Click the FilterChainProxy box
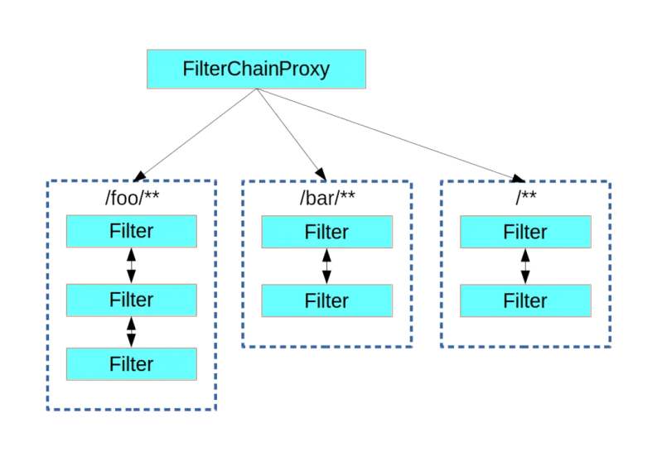(256, 69)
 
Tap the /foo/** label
(131, 199)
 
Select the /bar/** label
(326, 199)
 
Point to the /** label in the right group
(525, 199)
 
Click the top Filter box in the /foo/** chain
(131, 231)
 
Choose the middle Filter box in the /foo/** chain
(131, 300)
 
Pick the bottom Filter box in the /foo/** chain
(131, 364)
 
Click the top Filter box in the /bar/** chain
(326, 233)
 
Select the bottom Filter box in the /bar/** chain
(326, 300)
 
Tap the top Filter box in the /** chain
(525, 233)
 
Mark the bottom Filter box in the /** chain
(525, 300)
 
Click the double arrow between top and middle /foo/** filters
(131, 266)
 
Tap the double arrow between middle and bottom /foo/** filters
(131, 332)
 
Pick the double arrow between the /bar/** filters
(326, 267)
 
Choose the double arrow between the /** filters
(524, 267)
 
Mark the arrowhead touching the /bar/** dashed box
(320, 173)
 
